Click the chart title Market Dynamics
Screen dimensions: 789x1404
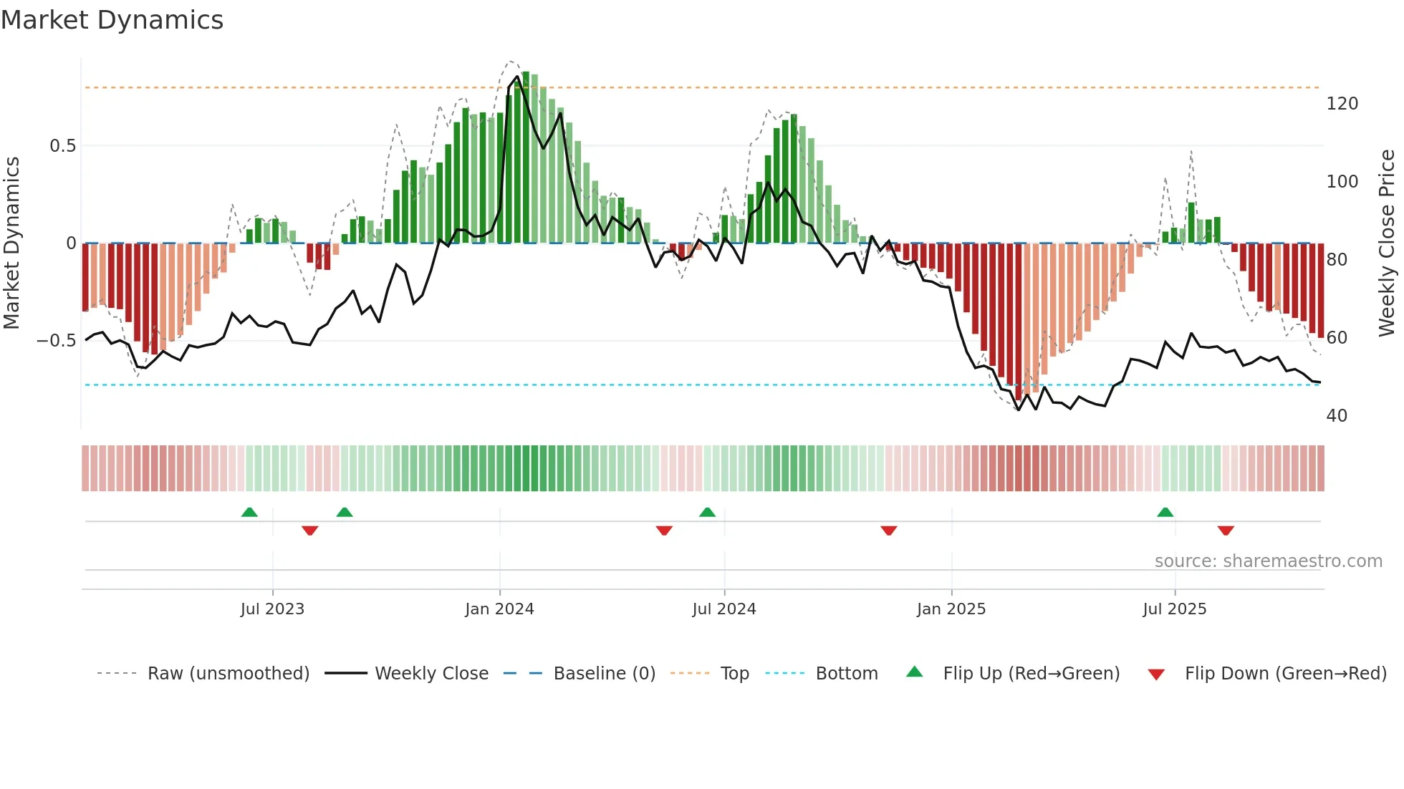click(x=112, y=20)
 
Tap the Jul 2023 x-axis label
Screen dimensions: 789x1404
click(x=272, y=609)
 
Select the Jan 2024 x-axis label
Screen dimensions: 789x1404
click(x=499, y=609)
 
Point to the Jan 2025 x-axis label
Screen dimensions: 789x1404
click(x=951, y=609)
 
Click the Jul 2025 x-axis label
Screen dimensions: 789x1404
click(x=1175, y=609)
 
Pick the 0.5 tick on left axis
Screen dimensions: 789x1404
click(x=62, y=146)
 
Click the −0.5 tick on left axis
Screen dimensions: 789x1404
click(x=57, y=341)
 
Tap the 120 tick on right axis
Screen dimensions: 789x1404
click(x=1342, y=104)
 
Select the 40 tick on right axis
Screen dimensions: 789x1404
click(x=1337, y=416)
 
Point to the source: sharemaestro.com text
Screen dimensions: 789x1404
click(x=1268, y=561)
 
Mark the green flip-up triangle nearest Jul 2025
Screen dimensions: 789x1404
click(x=1165, y=512)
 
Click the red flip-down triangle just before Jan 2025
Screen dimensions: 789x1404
click(x=889, y=531)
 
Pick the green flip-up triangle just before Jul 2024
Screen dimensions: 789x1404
click(x=707, y=512)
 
